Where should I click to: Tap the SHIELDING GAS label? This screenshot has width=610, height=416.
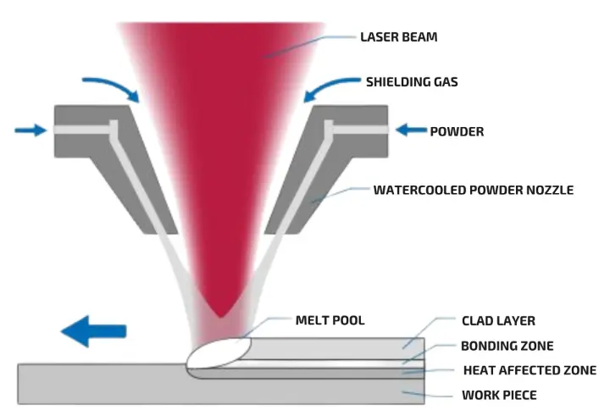click(413, 82)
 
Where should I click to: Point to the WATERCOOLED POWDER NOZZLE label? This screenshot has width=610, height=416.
click(474, 190)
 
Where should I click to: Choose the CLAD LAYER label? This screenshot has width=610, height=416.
click(498, 321)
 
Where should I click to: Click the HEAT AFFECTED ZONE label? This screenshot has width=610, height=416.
click(530, 369)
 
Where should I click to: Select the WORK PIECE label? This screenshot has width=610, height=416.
click(499, 395)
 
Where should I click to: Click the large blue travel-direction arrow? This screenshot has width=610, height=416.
click(94, 331)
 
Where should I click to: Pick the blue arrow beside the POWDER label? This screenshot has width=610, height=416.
click(413, 130)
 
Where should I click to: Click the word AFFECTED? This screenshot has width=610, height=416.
click(531, 369)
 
